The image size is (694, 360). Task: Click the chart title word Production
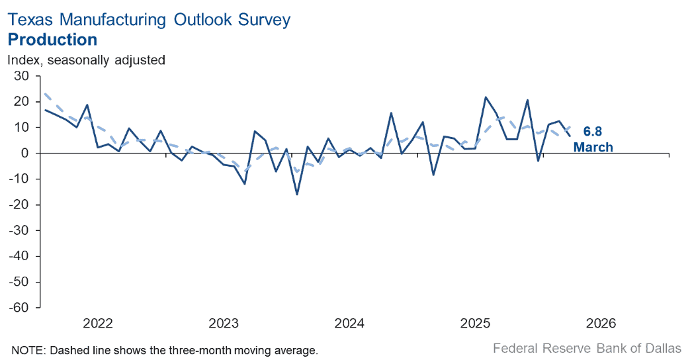(x=52, y=40)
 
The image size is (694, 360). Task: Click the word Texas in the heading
(x=29, y=20)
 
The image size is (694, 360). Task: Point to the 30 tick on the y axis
(x=22, y=76)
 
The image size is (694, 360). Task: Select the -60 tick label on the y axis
(x=19, y=308)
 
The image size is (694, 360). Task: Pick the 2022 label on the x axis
(x=98, y=324)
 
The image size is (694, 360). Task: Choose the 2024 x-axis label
(x=349, y=324)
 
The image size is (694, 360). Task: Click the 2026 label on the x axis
(x=601, y=324)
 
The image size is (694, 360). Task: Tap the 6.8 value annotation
(x=593, y=132)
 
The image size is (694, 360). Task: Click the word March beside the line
(x=593, y=147)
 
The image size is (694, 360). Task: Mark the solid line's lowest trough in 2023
(x=297, y=194)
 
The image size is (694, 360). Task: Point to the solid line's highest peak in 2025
(x=486, y=97)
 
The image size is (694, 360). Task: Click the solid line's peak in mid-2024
(x=391, y=113)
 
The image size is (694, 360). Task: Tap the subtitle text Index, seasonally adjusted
(x=86, y=60)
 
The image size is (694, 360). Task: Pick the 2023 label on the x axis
(x=224, y=324)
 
